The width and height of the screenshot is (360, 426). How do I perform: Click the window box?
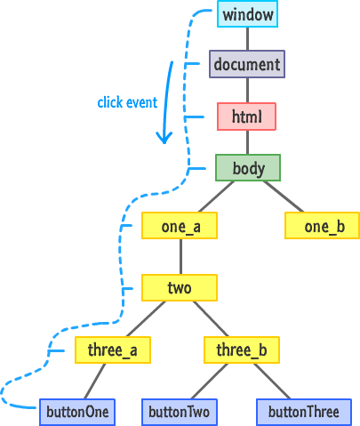(x=247, y=14)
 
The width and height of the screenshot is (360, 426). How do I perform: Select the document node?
(x=247, y=64)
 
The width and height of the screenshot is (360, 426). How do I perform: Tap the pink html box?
(x=246, y=117)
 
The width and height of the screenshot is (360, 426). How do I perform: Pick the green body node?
(x=248, y=168)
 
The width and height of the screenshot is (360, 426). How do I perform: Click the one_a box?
(x=180, y=226)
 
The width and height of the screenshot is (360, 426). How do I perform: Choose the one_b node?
(x=323, y=226)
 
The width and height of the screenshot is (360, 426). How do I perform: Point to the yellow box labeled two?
(x=180, y=288)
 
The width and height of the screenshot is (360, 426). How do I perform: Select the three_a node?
(x=113, y=350)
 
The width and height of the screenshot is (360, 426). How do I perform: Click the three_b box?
(x=242, y=350)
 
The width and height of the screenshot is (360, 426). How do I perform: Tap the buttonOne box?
(x=77, y=413)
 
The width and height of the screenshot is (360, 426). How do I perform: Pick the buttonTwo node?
(x=180, y=413)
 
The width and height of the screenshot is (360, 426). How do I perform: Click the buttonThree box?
(x=304, y=413)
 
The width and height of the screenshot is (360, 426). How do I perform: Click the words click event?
(x=127, y=102)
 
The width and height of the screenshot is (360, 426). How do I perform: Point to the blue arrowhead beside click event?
(x=164, y=137)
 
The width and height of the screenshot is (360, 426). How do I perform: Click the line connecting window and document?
(x=248, y=39)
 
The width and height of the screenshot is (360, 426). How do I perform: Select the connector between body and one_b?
(x=284, y=197)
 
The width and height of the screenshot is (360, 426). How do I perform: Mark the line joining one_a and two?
(x=180, y=257)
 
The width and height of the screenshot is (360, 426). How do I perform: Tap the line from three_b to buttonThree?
(x=272, y=382)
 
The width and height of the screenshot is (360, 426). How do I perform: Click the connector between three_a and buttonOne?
(x=95, y=382)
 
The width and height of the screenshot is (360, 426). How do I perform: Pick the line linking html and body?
(x=248, y=142)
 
